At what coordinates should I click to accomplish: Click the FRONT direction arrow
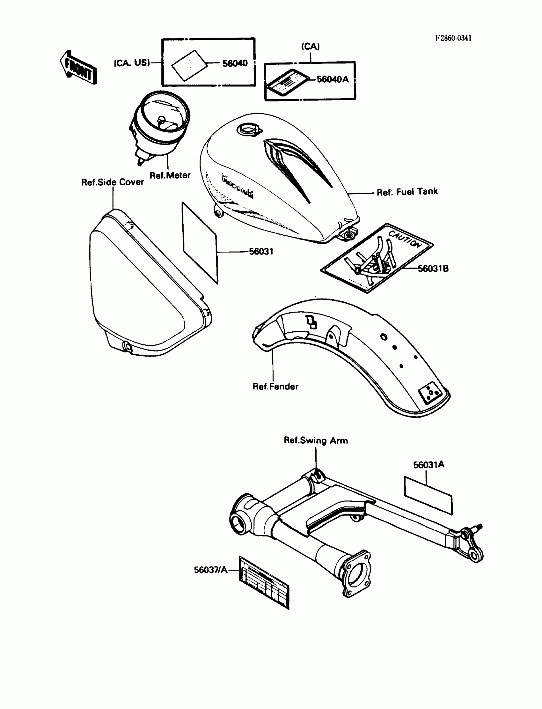(x=78, y=67)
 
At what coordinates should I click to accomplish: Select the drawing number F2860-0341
(x=453, y=38)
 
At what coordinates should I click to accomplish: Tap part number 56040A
(x=333, y=79)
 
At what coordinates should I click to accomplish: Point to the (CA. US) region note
(x=132, y=63)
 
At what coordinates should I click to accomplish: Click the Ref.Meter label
(x=170, y=175)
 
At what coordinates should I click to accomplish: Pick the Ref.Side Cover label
(x=112, y=182)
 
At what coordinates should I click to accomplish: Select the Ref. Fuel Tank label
(x=407, y=192)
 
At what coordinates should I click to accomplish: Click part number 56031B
(x=433, y=269)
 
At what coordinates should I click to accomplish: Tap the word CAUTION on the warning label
(x=405, y=239)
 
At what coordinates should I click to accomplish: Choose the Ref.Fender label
(x=275, y=386)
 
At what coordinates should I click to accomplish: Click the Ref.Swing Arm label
(x=316, y=440)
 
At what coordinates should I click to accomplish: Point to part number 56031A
(x=428, y=465)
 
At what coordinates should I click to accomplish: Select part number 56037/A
(x=210, y=570)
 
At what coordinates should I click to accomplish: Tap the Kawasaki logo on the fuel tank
(x=237, y=186)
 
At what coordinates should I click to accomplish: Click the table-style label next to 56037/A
(x=264, y=582)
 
